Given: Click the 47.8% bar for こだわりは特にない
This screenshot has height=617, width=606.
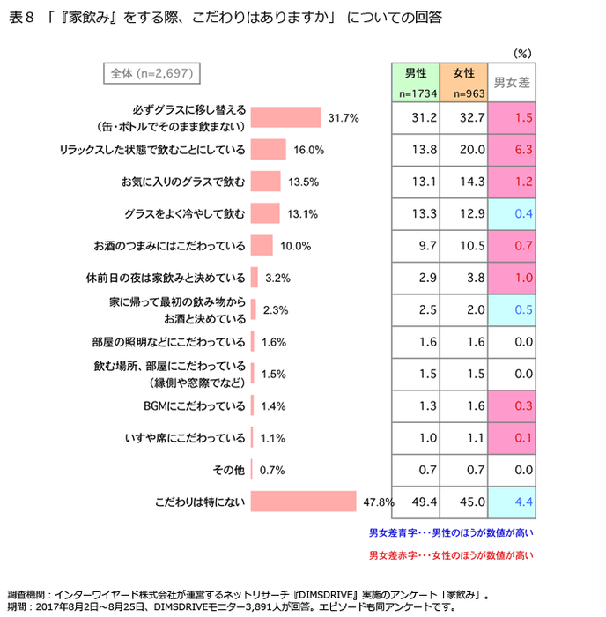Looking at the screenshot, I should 303,502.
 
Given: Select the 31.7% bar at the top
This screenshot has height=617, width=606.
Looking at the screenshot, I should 285,117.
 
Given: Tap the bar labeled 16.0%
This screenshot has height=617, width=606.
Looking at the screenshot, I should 268,149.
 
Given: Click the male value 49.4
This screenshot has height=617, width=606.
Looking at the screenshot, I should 425,502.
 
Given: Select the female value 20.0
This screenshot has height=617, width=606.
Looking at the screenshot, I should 473,149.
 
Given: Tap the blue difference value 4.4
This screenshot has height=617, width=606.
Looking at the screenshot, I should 522,502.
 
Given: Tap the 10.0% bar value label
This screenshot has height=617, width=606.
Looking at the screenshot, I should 296,246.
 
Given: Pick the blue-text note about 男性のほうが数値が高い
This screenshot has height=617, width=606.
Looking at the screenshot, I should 451,532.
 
